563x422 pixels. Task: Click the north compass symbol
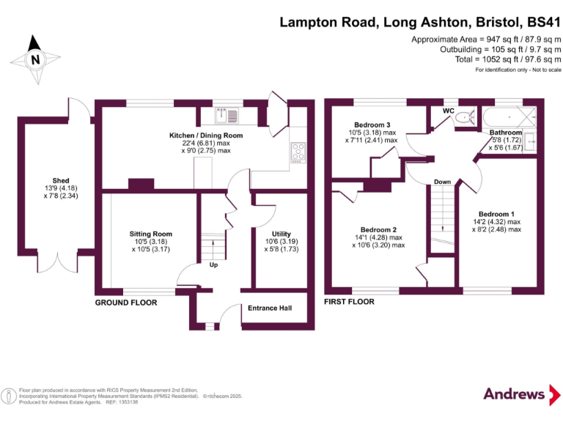[34, 59]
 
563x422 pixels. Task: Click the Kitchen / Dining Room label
[206, 136]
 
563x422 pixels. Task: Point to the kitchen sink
[224, 115]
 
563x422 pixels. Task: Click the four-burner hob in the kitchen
[299, 152]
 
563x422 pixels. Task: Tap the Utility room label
[281, 234]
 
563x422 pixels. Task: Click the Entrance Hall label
[270, 308]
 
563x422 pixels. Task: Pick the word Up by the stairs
[213, 264]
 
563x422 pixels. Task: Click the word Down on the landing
[442, 181]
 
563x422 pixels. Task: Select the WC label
[449, 110]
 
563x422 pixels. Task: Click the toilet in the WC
[463, 117]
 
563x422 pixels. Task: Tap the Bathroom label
[506, 133]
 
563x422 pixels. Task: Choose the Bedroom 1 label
[496, 214]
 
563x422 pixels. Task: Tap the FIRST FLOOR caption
[349, 302]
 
